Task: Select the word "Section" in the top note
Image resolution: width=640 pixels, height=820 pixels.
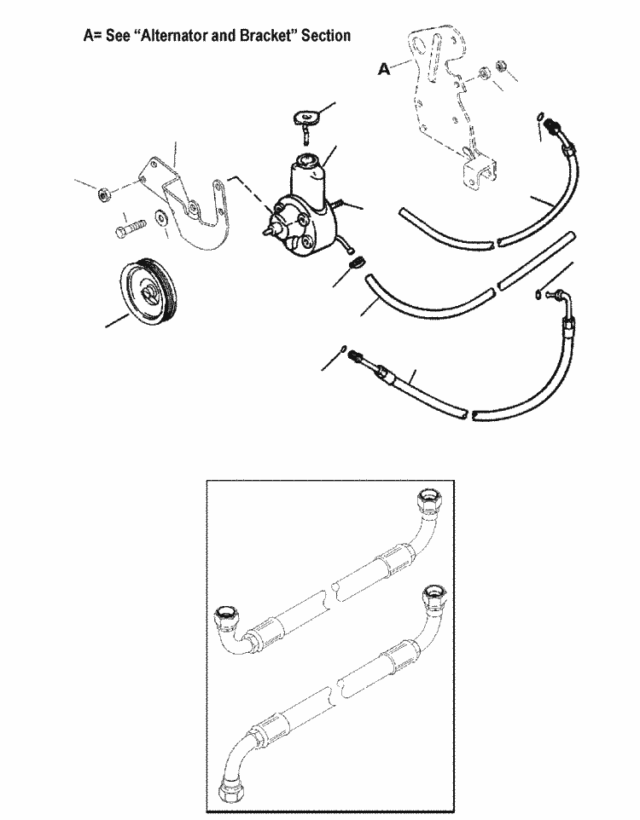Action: (x=325, y=36)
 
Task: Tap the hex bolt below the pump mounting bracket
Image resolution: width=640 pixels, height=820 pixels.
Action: (x=126, y=231)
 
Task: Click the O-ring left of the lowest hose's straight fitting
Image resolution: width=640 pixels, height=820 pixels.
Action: (x=341, y=347)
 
